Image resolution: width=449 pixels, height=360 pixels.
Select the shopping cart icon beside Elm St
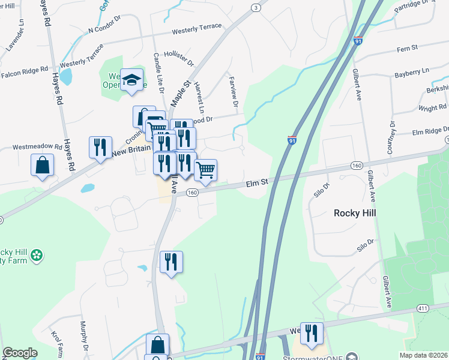tap(205, 170)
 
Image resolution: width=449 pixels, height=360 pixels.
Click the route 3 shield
tap(256, 7)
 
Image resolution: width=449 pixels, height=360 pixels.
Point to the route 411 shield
tap(424, 307)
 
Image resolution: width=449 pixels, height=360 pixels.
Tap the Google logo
tap(20, 353)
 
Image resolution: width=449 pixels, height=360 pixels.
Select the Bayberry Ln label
tap(412, 73)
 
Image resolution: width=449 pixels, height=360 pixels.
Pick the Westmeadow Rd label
tap(37, 146)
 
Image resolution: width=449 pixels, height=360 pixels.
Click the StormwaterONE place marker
tap(352, 355)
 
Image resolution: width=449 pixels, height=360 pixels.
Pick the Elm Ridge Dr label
tap(430, 131)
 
